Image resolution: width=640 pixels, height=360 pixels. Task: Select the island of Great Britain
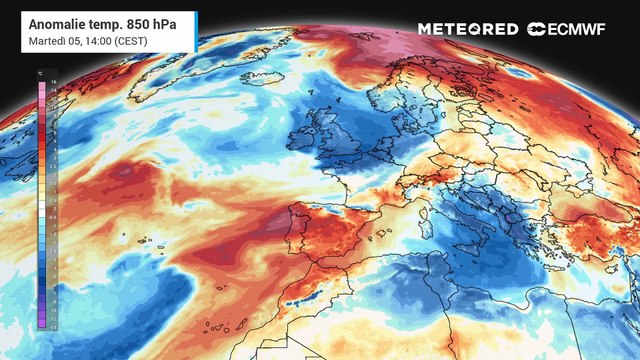(x=330, y=135)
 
